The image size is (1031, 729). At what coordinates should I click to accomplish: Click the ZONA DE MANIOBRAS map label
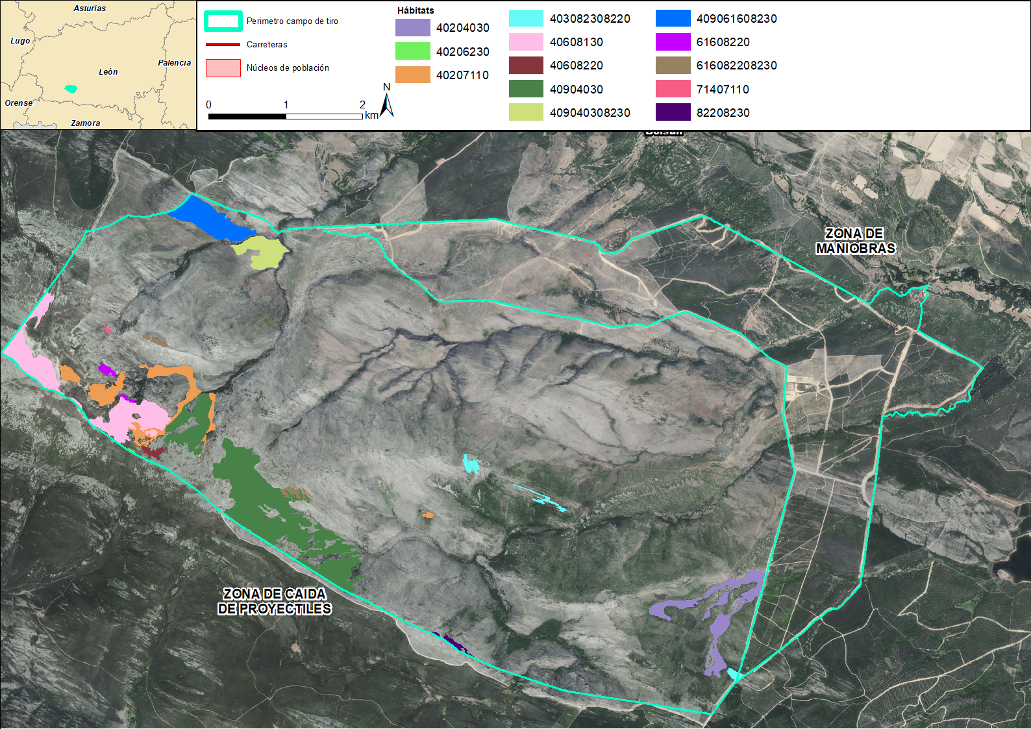tap(855, 241)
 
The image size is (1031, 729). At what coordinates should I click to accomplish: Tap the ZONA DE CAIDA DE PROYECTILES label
tap(275, 601)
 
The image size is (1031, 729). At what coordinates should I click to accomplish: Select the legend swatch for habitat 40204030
tap(412, 27)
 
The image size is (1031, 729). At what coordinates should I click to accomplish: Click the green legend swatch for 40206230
tap(412, 51)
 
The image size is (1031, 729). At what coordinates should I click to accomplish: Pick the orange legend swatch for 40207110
tap(412, 75)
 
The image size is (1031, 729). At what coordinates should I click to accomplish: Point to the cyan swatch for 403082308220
tap(526, 18)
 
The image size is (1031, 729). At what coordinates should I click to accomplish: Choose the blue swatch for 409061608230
tap(673, 18)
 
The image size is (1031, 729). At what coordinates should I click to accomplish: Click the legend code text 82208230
tap(723, 113)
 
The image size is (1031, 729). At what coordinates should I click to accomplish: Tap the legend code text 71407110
tap(723, 90)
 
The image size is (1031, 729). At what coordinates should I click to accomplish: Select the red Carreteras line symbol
tap(223, 44)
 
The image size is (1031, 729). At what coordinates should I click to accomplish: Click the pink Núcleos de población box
tap(223, 68)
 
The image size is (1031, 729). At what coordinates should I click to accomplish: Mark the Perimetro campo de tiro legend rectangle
tap(223, 21)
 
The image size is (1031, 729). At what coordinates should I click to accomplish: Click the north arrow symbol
tap(387, 105)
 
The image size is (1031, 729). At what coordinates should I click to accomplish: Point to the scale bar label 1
tap(286, 105)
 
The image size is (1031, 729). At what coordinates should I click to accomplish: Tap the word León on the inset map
tap(108, 72)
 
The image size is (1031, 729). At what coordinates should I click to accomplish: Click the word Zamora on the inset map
tap(86, 123)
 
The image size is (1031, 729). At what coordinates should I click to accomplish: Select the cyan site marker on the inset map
tap(71, 88)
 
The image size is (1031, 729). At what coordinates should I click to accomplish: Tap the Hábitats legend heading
tap(416, 10)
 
